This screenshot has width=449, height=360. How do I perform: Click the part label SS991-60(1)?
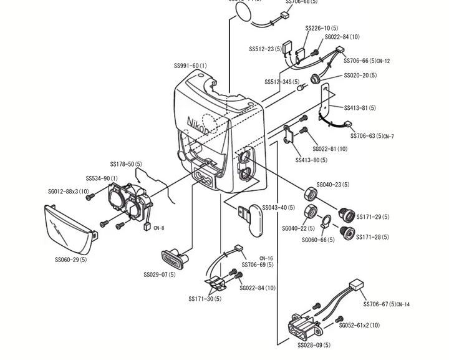(190, 66)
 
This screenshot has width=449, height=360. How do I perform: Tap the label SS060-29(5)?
(70, 260)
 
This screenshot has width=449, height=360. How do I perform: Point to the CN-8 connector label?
(158, 228)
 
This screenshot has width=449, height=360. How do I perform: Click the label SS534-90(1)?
(102, 179)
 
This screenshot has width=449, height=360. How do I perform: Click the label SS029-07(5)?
(159, 275)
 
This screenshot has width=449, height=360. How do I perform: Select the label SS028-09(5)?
(314, 345)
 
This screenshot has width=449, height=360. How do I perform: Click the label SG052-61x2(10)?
(359, 325)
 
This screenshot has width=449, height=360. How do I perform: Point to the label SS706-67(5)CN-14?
(387, 304)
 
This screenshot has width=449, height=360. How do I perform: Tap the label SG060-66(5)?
(318, 240)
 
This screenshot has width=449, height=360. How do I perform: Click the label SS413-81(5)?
(360, 108)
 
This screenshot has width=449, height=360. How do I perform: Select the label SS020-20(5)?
(360, 75)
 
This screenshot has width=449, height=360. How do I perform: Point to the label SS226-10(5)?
(322, 28)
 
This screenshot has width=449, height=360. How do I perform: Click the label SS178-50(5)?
(126, 165)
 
